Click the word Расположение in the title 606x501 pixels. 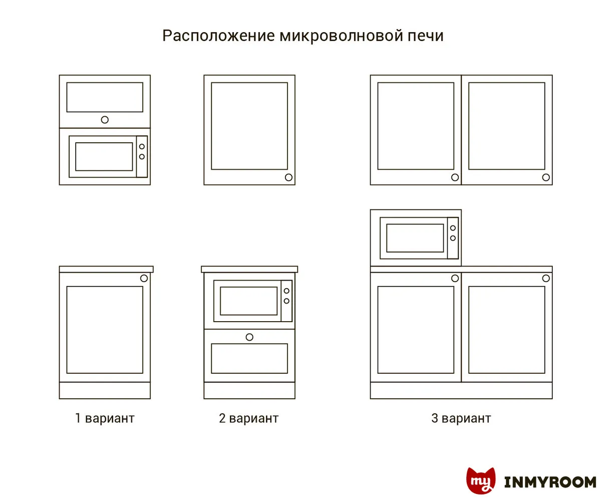[x=218, y=36]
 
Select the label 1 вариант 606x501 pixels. [x=105, y=418]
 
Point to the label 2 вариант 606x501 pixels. [x=249, y=418]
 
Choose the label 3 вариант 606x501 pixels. [x=461, y=418]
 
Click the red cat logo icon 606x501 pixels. [x=481, y=480]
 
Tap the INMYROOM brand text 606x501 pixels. [x=550, y=482]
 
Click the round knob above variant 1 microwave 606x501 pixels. [x=105, y=120]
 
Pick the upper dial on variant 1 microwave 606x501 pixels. [x=142, y=146]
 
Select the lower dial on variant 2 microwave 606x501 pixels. [x=286, y=301]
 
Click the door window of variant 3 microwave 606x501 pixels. [x=415, y=238]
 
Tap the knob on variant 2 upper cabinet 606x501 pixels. [x=288, y=177]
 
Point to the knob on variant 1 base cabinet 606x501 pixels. [x=144, y=278]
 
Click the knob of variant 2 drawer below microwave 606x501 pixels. [x=249, y=337]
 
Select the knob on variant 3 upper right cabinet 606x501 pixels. [x=546, y=177]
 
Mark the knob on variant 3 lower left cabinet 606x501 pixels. [x=455, y=278]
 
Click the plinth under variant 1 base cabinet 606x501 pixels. [x=105, y=390]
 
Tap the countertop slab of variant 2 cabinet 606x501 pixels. [x=249, y=269]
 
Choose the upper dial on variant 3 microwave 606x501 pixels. [x=453, y=228]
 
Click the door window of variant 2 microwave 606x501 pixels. [x=249, y=301]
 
